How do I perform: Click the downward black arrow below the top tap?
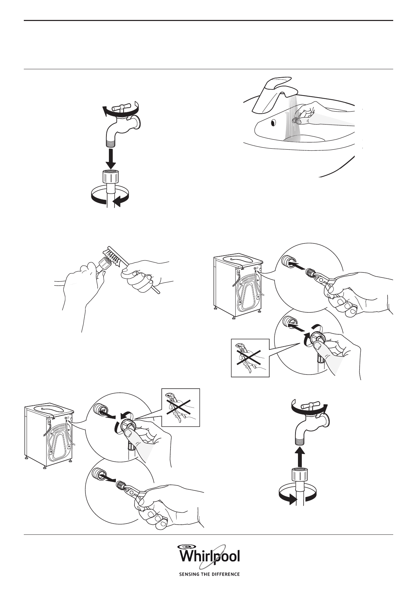[x=111, y=159]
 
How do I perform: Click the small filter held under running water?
[x=297, y=120]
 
